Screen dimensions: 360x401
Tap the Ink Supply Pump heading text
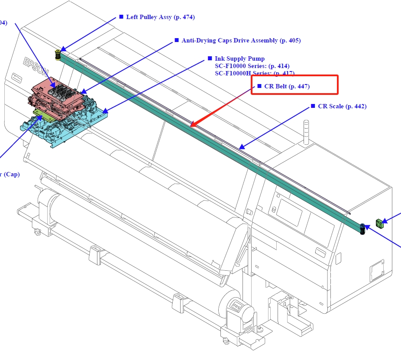(239, 58)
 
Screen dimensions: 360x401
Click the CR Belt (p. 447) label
(287, 87)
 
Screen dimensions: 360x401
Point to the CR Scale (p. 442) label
(342, 107)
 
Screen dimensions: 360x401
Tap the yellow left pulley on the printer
(58, 55)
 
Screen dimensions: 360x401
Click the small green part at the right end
(380, 224)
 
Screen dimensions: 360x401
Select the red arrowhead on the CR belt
(194, 124)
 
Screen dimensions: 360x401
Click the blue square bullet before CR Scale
(313, 106)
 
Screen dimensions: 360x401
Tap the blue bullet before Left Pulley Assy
(121, 17)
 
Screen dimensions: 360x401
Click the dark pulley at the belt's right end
(362, 229)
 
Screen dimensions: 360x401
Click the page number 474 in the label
(187, 17)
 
